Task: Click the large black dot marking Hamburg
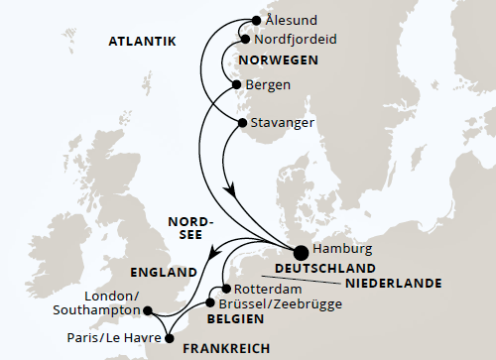[301, 252]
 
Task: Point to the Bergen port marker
[236, 85]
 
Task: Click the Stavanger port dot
[241, 124]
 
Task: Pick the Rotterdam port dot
[227, 289]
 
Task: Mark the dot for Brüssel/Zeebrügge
[210, 303]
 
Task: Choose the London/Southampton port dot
[148, 310]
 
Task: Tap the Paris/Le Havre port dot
[168, 336]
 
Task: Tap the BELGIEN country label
[235, 319]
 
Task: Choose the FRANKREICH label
[224, 348]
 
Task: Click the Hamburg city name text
[341, 250]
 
